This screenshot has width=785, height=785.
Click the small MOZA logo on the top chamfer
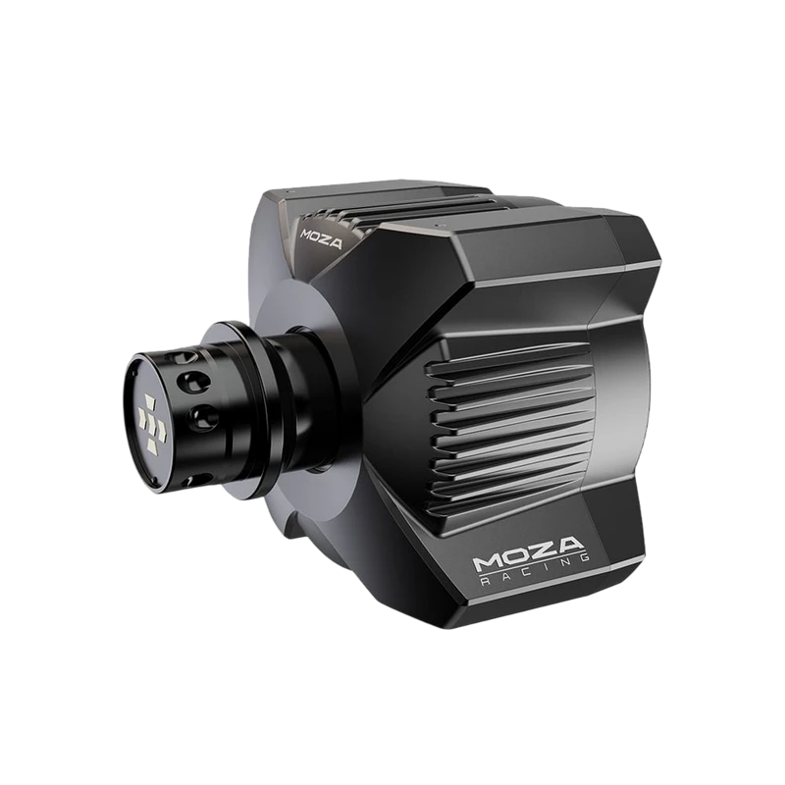(322, 239)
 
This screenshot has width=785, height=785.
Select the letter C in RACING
(526, 571)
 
